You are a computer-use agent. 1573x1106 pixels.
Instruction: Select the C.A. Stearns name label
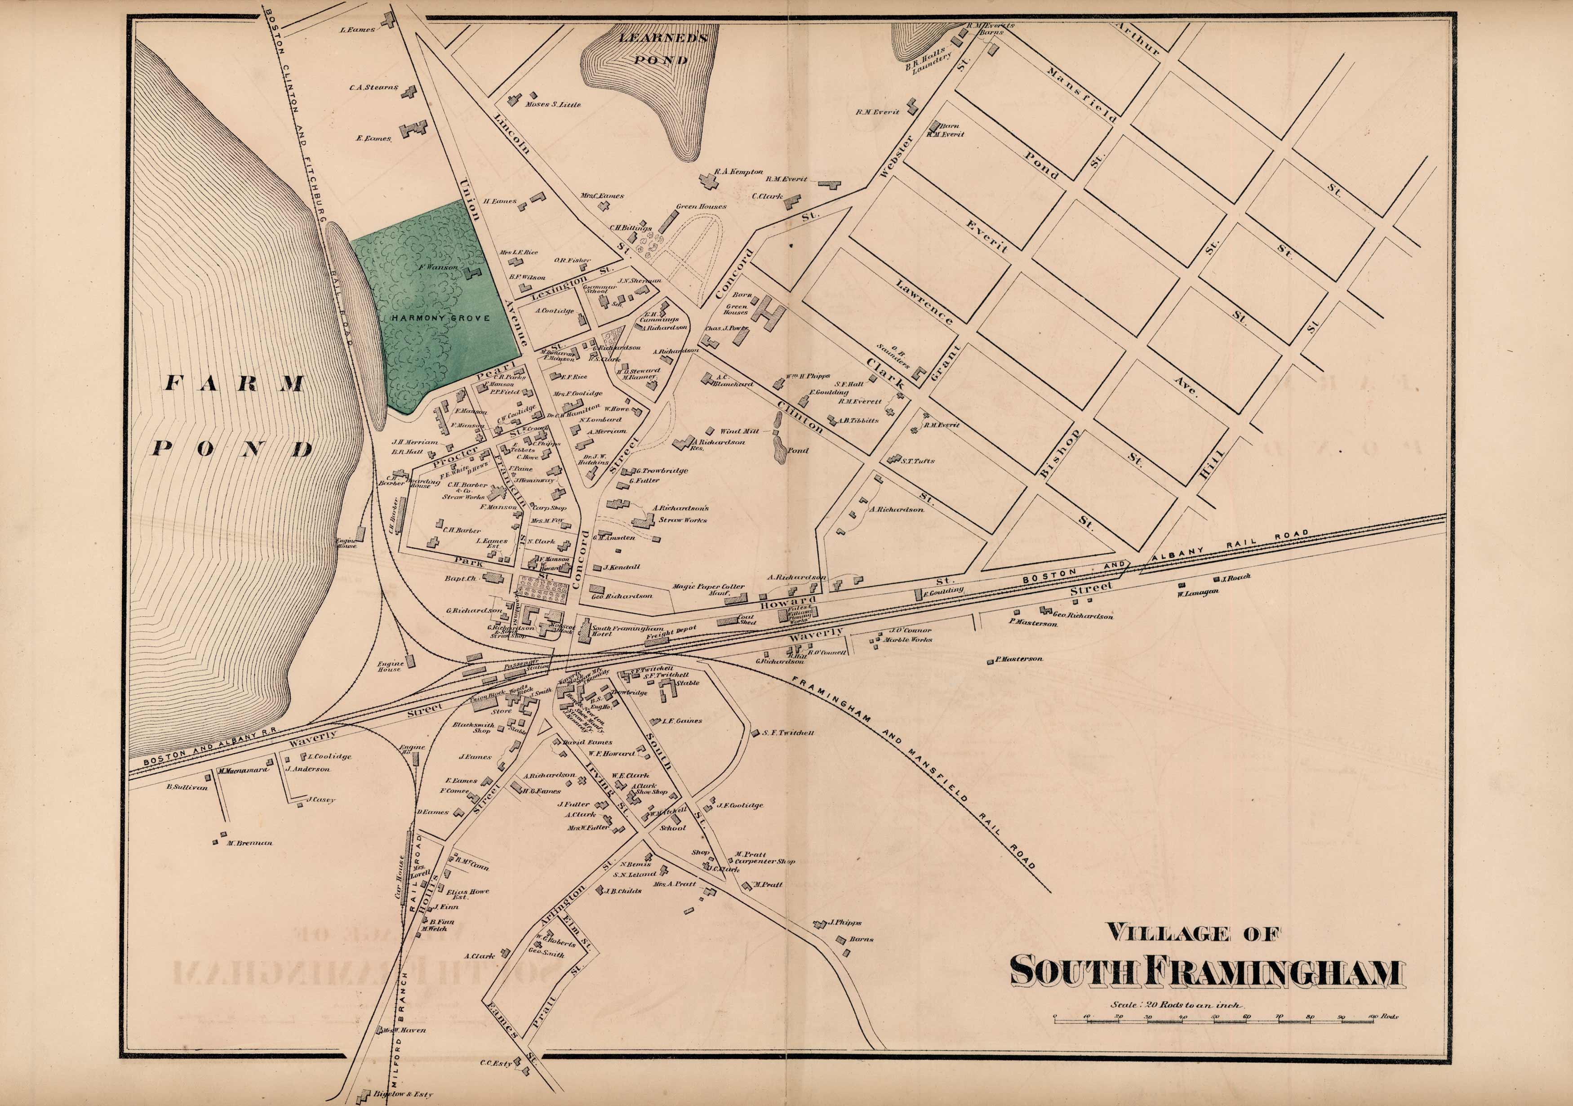[373, 88]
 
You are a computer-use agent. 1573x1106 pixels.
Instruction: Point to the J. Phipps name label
[845, 922]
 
